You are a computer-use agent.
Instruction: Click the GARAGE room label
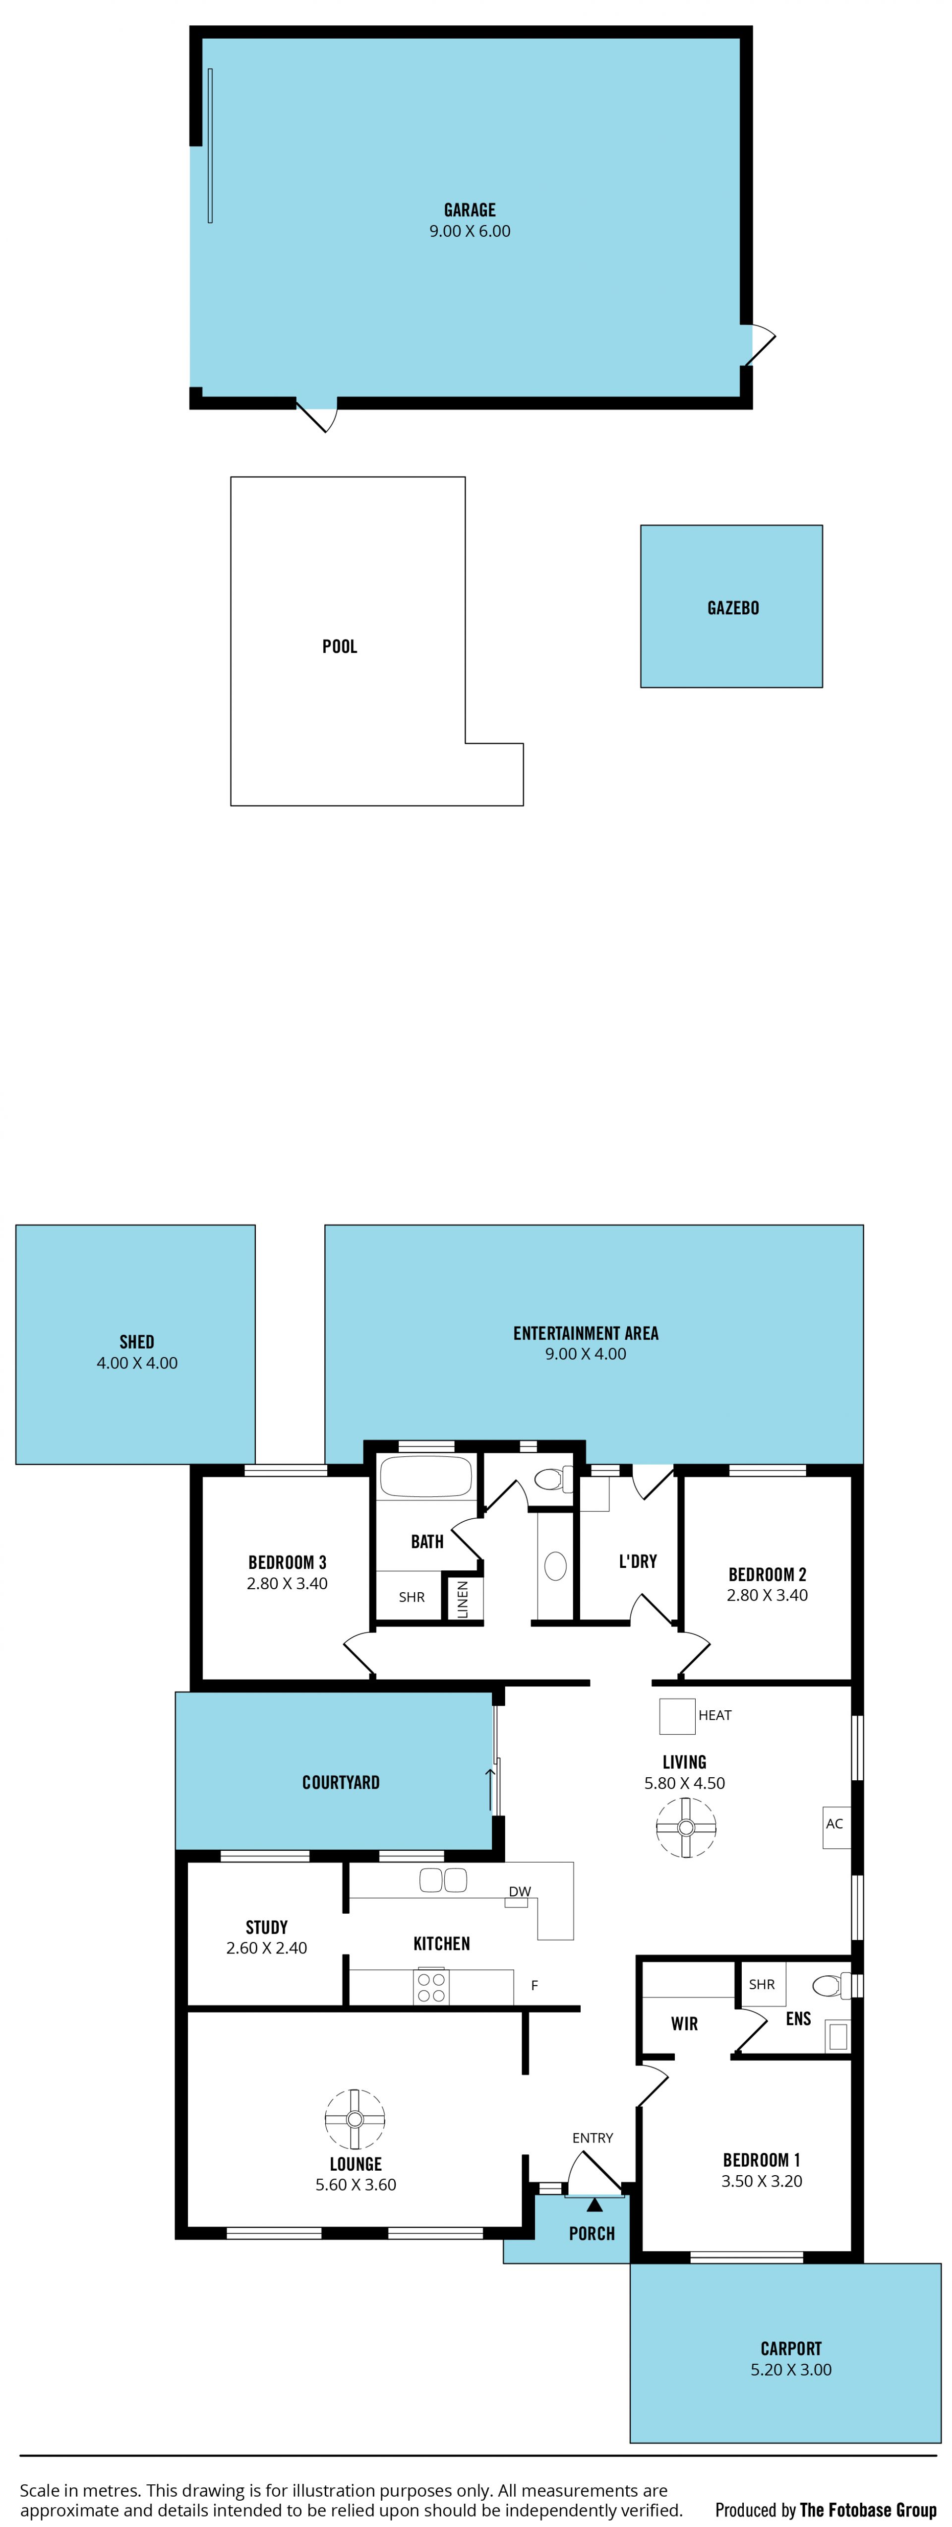(x=470, y=210)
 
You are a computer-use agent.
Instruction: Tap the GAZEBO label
(x=733, y=608)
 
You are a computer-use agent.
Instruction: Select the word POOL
(x=339, y=647)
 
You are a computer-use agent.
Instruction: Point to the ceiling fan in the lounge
(x=355, y=2119)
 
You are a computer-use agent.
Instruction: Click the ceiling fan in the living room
(x=685, y=1827)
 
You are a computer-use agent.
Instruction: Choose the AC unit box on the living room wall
(x=835, y=1826)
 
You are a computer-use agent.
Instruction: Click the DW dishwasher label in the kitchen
(x=520, y=1891)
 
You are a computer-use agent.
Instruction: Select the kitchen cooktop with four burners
(x=431, y=1987)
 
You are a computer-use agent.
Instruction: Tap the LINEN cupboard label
(x=463, y=1600)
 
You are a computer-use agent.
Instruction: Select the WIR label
(x=684, y=2024)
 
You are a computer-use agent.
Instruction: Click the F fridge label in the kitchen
(x=535, y=1986)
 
